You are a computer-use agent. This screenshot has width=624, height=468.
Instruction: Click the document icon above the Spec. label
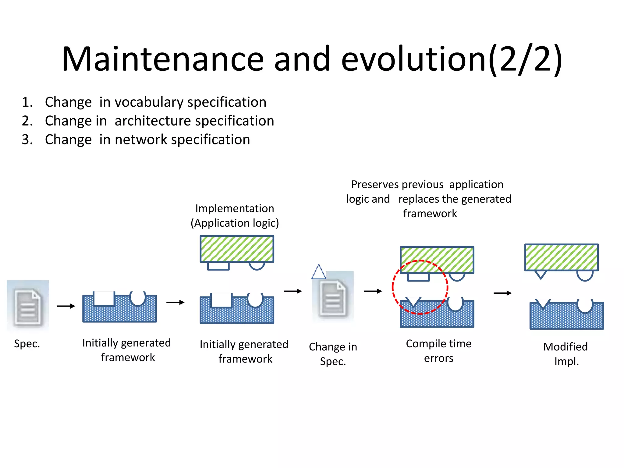tap(28, 306)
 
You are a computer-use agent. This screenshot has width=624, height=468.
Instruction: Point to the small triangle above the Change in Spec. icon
tap(318, 272)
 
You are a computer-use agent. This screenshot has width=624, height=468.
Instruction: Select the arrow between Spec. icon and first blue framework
tap(66, 306)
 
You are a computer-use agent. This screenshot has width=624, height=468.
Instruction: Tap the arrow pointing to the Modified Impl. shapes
tap(502, 293)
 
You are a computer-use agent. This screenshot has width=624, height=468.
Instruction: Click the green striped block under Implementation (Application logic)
tap(237, 249)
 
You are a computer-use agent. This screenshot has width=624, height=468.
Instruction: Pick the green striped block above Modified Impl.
tap(561, 257)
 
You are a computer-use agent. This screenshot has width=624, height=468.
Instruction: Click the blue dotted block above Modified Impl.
tap(566, 318)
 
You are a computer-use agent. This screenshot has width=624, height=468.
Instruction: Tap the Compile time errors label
tap(438, 351)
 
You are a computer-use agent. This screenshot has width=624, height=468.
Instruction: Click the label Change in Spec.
tap(333, 354)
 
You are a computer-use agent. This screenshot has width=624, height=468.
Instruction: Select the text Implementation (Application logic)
tap(235, 216)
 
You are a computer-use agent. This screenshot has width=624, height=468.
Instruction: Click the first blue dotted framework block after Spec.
tap(119, 312)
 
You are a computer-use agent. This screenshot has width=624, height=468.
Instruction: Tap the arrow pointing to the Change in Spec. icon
tap(292, 291)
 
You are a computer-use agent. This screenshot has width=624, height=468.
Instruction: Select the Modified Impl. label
tap(566, 354)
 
